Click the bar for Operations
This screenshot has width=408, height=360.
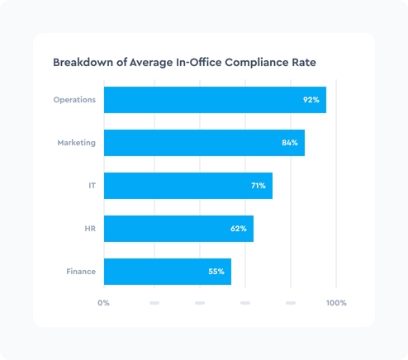tap(215, 100)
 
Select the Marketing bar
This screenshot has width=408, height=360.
tap(204, 143)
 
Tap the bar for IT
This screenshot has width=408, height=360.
tap(188, 186)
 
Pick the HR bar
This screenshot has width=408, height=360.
tap(178, 229)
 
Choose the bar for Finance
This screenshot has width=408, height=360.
tap(168, 272)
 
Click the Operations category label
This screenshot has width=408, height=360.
tap(74, 100)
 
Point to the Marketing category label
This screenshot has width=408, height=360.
tap(76, 143)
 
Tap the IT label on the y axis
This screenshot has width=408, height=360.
tap(92, 186)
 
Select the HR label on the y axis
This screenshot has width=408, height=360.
tap(90, 229)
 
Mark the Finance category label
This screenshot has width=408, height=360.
tap(81, 272)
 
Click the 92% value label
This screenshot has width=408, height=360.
tap(311, 100)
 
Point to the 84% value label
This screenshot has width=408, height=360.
tap(289, 143)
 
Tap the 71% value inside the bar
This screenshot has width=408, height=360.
tap(258, 186)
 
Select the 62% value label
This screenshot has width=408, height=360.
tap(239, 229)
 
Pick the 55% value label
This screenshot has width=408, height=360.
tap(216, 272)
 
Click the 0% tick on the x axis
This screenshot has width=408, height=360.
tap(103, 303)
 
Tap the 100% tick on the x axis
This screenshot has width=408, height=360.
tap(336, 303)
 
